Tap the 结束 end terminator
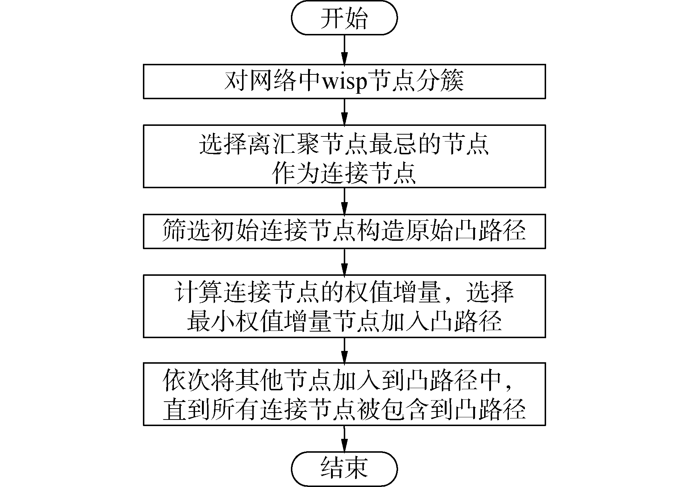(x=344, y=468)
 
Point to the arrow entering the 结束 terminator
(x=344, y=438)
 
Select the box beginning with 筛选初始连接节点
(x=344, y=231)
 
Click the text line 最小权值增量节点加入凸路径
(x=344, y=321)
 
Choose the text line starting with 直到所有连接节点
(x=344, y=410)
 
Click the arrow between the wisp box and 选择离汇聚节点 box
(x=344, y=112)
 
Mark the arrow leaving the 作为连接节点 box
(x=344, y=201)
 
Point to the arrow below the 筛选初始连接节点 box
(x=344, y=262)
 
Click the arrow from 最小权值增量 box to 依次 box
(x=344, y=350)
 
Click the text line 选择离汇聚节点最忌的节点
(x=344, y=144)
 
